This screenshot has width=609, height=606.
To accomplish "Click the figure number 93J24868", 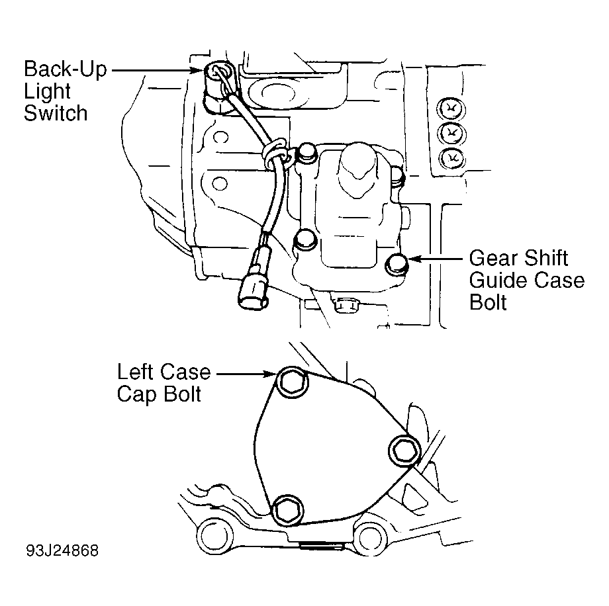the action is click(62, 550).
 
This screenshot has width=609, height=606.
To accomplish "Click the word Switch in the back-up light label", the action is click(56, 113).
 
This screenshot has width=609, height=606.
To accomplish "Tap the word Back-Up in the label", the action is click(66, 69).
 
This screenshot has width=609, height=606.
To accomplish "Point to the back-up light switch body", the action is click(218, 86).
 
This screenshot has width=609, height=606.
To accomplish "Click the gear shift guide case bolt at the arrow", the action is click(395, 264).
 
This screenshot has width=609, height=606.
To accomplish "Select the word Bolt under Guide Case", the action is click(488, 302).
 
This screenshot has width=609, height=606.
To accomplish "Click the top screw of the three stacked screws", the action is click(451, 108).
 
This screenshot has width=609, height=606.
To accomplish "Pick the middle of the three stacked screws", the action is click(451, 134).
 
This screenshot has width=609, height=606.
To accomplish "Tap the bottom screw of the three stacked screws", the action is click(452, 157).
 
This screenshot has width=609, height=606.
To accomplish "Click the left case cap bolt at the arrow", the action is click(293, 382).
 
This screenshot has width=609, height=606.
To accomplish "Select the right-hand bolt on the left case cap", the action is click(404, 451).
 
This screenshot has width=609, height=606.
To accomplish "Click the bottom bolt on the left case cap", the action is click(287, 511).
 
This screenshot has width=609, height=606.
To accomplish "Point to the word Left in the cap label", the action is click(135, 372).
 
